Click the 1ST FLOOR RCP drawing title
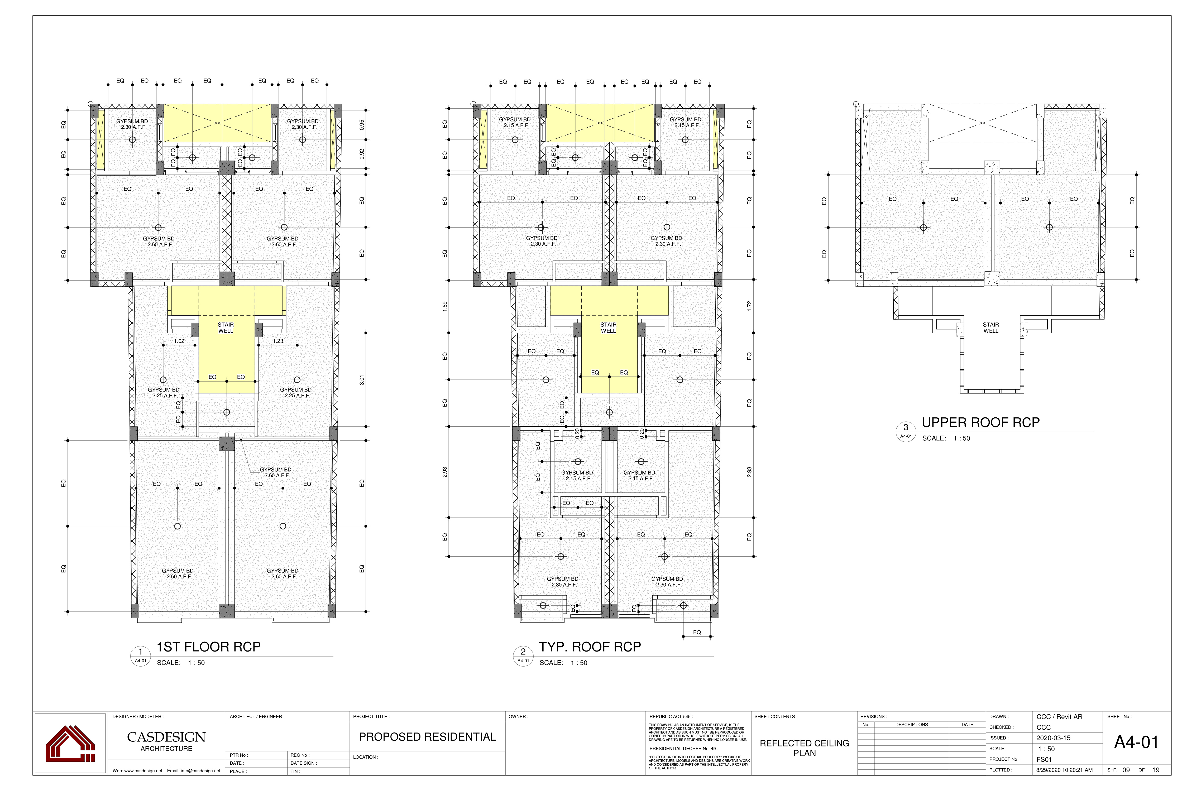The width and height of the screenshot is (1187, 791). (x=208, y=647)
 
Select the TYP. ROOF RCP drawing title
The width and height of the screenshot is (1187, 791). (x=590, y=647)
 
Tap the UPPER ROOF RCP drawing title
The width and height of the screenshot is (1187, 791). (x=980, y=422)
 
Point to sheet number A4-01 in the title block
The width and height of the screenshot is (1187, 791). (x=1136, y=742)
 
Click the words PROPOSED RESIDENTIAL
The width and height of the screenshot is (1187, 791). (x=428, y=737)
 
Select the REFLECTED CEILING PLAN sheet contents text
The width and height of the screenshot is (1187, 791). (x=805, y=748)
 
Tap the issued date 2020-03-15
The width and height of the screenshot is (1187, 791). (x=1053, y=738)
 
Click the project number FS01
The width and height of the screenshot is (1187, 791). (x=1044, y=759)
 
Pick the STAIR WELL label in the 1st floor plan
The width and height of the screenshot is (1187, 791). (x=226, y=328)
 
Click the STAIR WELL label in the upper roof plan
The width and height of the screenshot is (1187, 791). (x=991, y=328)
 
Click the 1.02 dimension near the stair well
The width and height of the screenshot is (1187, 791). (x=179, y=341)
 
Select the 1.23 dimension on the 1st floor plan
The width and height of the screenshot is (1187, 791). (x=278, y=341)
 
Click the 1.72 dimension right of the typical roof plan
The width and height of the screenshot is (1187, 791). (x=749, y=305)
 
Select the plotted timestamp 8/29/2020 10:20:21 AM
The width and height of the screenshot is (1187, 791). (x=1064, y=770)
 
